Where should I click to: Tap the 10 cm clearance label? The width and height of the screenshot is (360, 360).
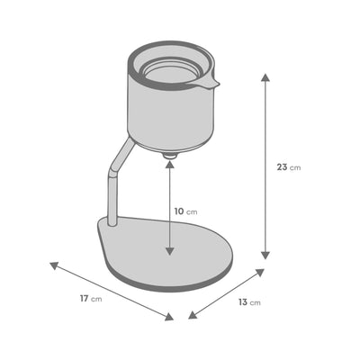click(185, 210)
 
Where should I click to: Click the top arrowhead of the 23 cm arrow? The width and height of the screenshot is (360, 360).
click(265, 76)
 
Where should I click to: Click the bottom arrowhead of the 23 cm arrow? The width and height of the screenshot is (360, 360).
click(265, 256)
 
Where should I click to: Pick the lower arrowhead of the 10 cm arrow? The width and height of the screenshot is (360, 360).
click(169, 253)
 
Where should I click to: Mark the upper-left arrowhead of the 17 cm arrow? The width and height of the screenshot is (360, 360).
click(53, 265)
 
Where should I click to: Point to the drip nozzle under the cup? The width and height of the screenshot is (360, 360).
click(168, 157)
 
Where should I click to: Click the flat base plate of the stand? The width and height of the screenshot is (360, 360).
click(171, 256)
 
